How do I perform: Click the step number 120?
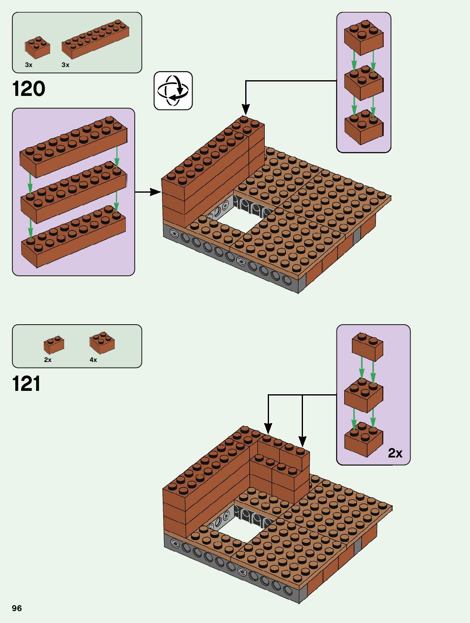coord(28,89)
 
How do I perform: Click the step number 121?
coord(26,384)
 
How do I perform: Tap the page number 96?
coord(17,608)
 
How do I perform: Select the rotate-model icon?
coord(173,90)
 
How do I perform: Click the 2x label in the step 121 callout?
coord(395,453)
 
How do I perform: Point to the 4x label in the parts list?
coord(93,360)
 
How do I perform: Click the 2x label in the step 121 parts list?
coord(48,360)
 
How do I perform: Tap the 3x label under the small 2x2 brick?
coord(28,65)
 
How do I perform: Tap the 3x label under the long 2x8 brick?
coord(65,65)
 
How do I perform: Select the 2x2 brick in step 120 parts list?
coord(37,47)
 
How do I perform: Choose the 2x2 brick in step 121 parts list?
coord(102,342)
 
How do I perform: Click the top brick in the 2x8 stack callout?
coord(73,146)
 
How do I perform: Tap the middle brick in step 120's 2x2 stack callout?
coord(363,83)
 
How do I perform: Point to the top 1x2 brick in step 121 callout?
coord(368,346)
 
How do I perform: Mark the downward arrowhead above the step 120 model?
coord(245,110)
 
